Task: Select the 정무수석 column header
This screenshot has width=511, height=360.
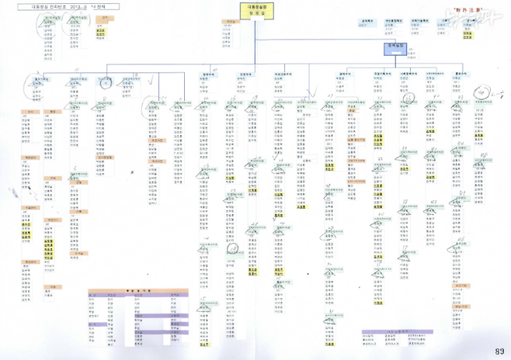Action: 207,74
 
